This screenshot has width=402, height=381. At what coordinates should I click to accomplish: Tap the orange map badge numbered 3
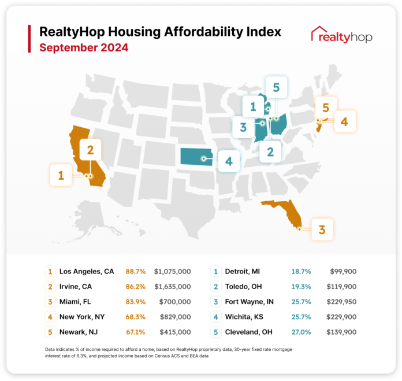(322, 229)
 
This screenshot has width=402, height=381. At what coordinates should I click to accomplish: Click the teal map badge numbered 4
(229, 161)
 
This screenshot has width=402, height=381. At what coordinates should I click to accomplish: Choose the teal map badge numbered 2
(270, 151)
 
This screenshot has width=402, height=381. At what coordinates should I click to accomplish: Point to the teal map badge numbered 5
(276, 88)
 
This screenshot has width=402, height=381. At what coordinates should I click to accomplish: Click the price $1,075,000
(173, 271)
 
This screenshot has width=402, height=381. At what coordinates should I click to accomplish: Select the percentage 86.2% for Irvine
(135, 286)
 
